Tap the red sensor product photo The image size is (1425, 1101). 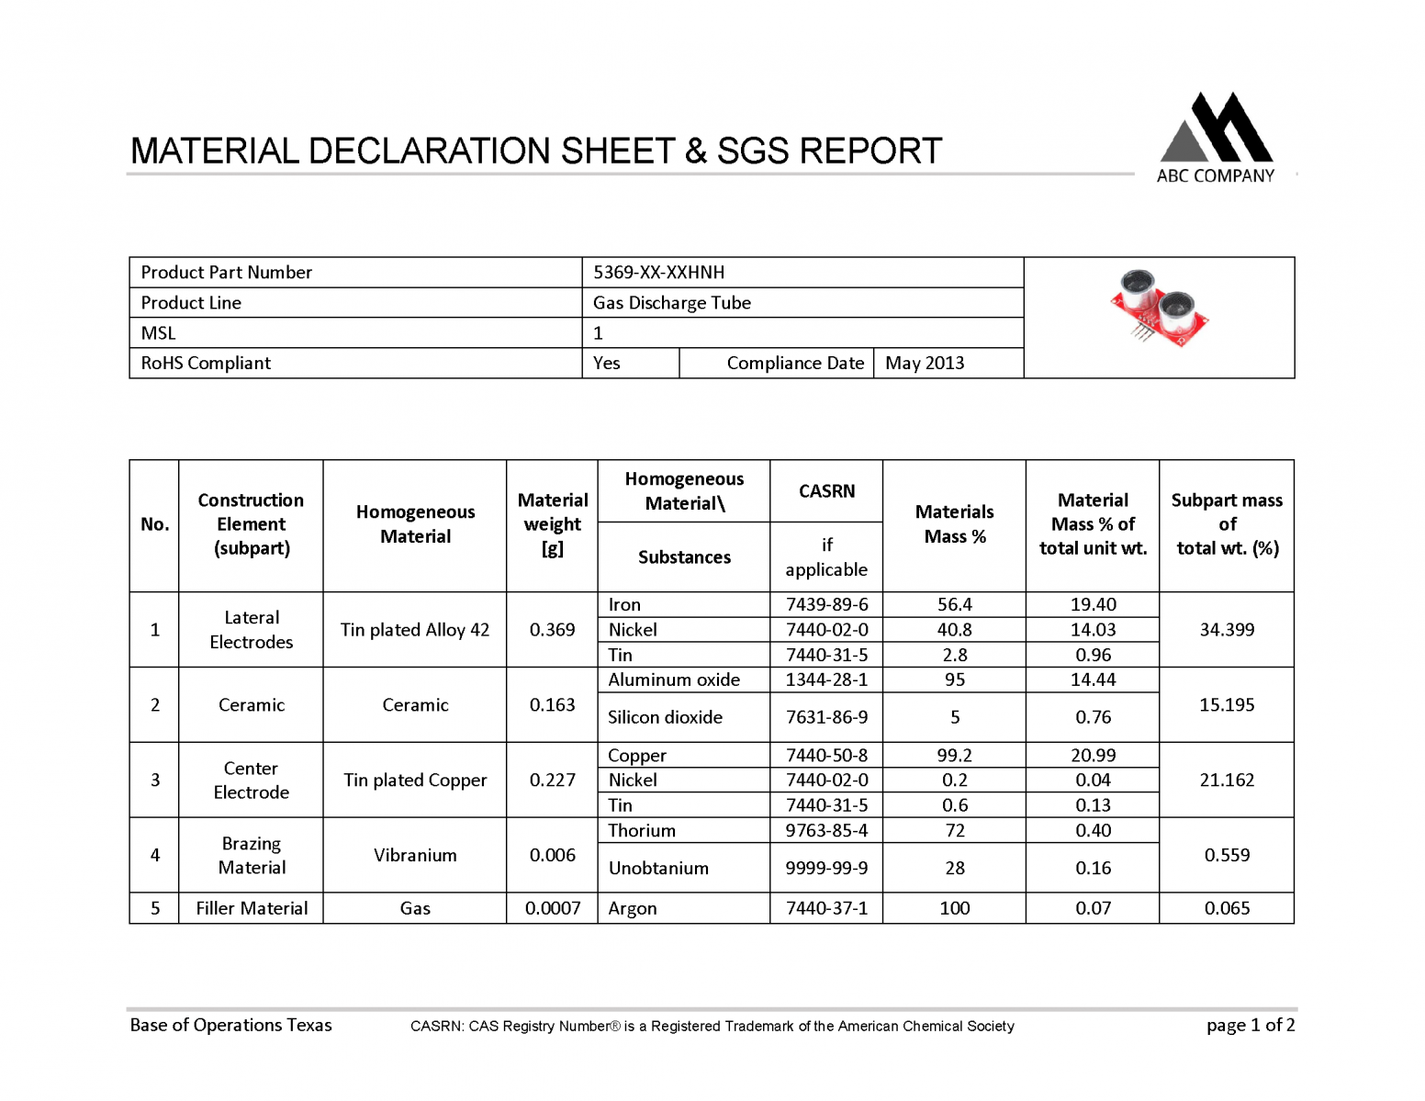tap(1159, 309)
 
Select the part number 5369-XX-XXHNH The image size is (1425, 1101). tap(658, 273)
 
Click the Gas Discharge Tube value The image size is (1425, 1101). tap(671, 303)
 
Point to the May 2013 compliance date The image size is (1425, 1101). tap(924, 363)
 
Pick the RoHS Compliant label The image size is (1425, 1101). tap(206, 363)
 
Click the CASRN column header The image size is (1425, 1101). tap(826, 491)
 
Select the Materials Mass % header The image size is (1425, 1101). tap(954, 524)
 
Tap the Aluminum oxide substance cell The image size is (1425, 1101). tap(674, 680)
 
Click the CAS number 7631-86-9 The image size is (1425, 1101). tap(826, 717)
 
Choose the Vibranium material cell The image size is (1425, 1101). tap(415, 855)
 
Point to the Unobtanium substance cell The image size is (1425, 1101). tap(658, 868)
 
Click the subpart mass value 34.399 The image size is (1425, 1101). tap(1227, 630)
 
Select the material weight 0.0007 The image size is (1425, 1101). tap(553, 908)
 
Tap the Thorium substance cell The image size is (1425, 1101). tap(642, 830)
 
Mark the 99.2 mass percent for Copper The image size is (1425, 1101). tap(954, 755)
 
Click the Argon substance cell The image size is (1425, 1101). tap(633, 908)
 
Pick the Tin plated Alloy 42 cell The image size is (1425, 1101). tap(415, 630)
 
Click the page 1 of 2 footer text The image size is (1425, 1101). tap(1251, 1025)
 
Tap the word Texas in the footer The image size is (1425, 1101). tap(309, 1025)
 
